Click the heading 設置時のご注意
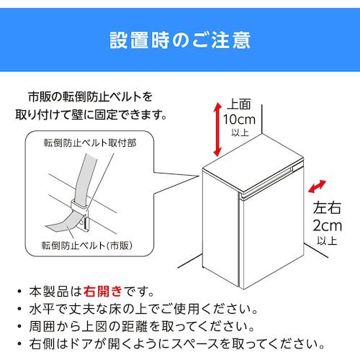point(180,40)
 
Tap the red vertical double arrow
point(217,130)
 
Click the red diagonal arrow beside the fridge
point(317,186)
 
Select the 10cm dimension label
point(239,120)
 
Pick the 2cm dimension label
point(328,225)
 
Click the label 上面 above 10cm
point(239,104)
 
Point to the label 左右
point(327,207)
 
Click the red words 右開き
point(103,292)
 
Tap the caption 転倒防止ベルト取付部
point(90,143)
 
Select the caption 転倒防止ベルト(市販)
point(87,246)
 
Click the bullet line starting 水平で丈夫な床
point(143,309)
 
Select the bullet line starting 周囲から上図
point(142,326)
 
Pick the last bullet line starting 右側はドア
point(177,344)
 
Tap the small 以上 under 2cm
point(327,240)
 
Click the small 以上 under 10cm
point(240,132)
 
